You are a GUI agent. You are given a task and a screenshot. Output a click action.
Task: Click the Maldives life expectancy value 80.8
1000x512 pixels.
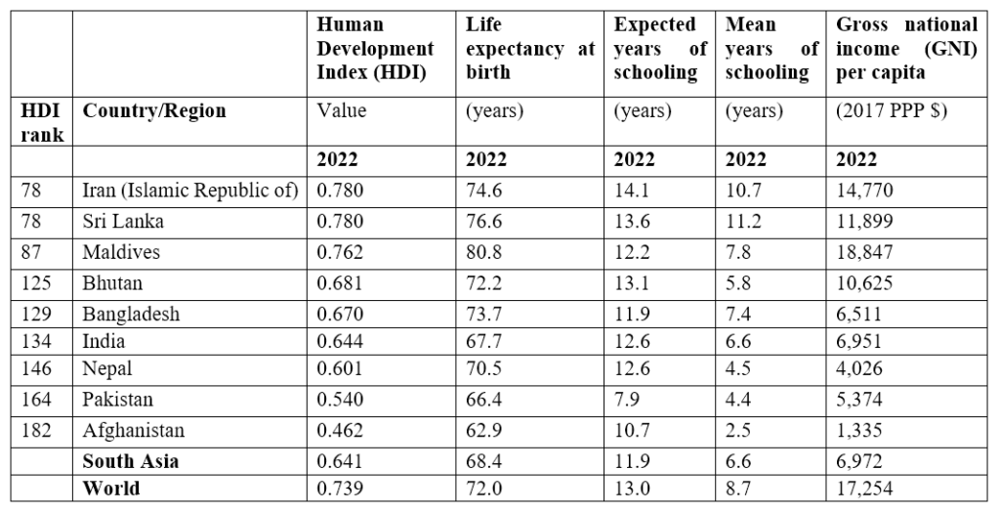(x=483, y=252)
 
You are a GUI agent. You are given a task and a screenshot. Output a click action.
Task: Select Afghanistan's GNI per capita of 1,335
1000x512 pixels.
(x=859, y=430)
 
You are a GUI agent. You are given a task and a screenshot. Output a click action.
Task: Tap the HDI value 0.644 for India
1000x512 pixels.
(x=340, y=342)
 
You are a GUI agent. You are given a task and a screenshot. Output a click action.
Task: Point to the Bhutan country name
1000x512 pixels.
(x=112, y=282)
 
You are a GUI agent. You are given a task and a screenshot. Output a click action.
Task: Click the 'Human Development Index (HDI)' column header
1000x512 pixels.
(x=376, y=49)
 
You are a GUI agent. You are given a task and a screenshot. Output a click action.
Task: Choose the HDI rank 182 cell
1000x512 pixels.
(x=36, y=430)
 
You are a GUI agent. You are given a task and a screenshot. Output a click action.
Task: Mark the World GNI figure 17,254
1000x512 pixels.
(x=864, y=489)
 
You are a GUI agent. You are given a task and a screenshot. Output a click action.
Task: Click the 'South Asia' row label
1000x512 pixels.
(x=130, y=461)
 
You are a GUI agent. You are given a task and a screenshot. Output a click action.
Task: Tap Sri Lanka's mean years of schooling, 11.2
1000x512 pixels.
(x=743, y=222)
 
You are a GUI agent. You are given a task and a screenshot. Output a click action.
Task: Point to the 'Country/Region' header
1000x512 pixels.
(x=154, y=111)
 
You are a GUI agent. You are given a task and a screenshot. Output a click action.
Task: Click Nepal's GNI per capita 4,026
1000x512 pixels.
(x=859, y=369)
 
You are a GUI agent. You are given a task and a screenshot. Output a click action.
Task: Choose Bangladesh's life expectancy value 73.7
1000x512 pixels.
(x=483, y=314)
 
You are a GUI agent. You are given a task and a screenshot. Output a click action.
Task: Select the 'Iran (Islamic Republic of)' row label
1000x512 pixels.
(x=190, y=191)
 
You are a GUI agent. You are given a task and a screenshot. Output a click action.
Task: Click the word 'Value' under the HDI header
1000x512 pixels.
(x=342, y=110)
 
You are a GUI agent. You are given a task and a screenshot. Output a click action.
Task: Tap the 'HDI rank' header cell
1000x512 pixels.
(x=42, y=122)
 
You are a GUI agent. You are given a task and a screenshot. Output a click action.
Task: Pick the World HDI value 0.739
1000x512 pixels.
(x=340, y=489)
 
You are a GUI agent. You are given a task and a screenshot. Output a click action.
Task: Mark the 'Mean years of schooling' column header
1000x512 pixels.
(x=771, y=49)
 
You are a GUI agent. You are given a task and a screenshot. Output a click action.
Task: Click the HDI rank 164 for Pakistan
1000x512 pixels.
(x=36, y=400)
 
